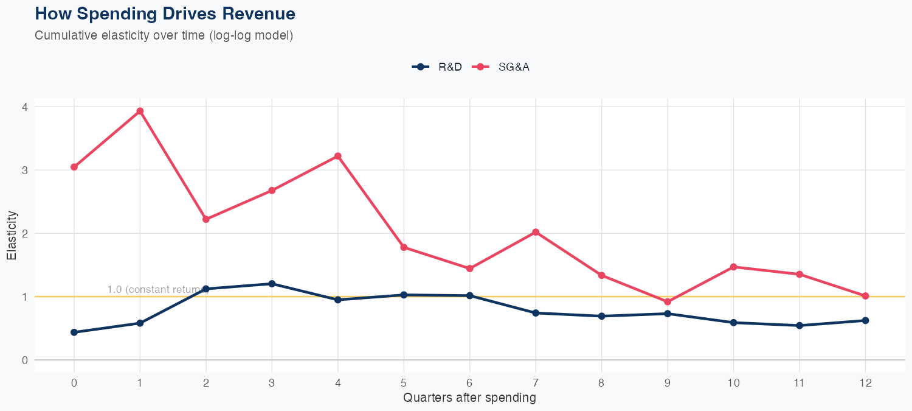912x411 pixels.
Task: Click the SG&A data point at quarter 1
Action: pyautogui.click(x=140, y=111)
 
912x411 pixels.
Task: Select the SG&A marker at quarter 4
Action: pyautogui.click(x=337, y=156)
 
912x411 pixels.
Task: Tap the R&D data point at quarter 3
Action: pyautogui.click(x=272, y=284)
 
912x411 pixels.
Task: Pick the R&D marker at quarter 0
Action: pyautogui.click(x=74, y=332)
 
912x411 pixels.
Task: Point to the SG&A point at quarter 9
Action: pyautogui.click(x=668, y=302)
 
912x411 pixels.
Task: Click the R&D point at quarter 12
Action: pyautogui.click(x=865, y=320)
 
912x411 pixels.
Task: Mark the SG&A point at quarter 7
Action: pyautogui.click(x=536, y=232)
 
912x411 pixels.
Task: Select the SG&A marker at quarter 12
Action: pyautogui.click(x=865, y=296)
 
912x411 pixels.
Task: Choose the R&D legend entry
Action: pyautogui.click(x=437, y=67)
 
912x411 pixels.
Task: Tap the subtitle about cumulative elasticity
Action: pyautogui.click(x=164, y=35)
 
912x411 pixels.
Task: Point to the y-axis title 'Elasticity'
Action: pyautogui.click(x=12, y=235)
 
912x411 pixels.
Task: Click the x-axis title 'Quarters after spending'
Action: pyautogui.click(x=469, y=398)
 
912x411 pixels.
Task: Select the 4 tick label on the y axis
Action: pyautogui.click(x=24, y=107)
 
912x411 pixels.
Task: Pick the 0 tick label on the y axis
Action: pyautogui.click(x=24, y=360)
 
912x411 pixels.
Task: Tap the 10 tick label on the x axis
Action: pyautogui.click(x=733, y=383)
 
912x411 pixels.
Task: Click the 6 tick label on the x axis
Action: pyautogui.click(x=469, y=383)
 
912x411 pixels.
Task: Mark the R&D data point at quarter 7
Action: pyautogui.click(x=536, y=313)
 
